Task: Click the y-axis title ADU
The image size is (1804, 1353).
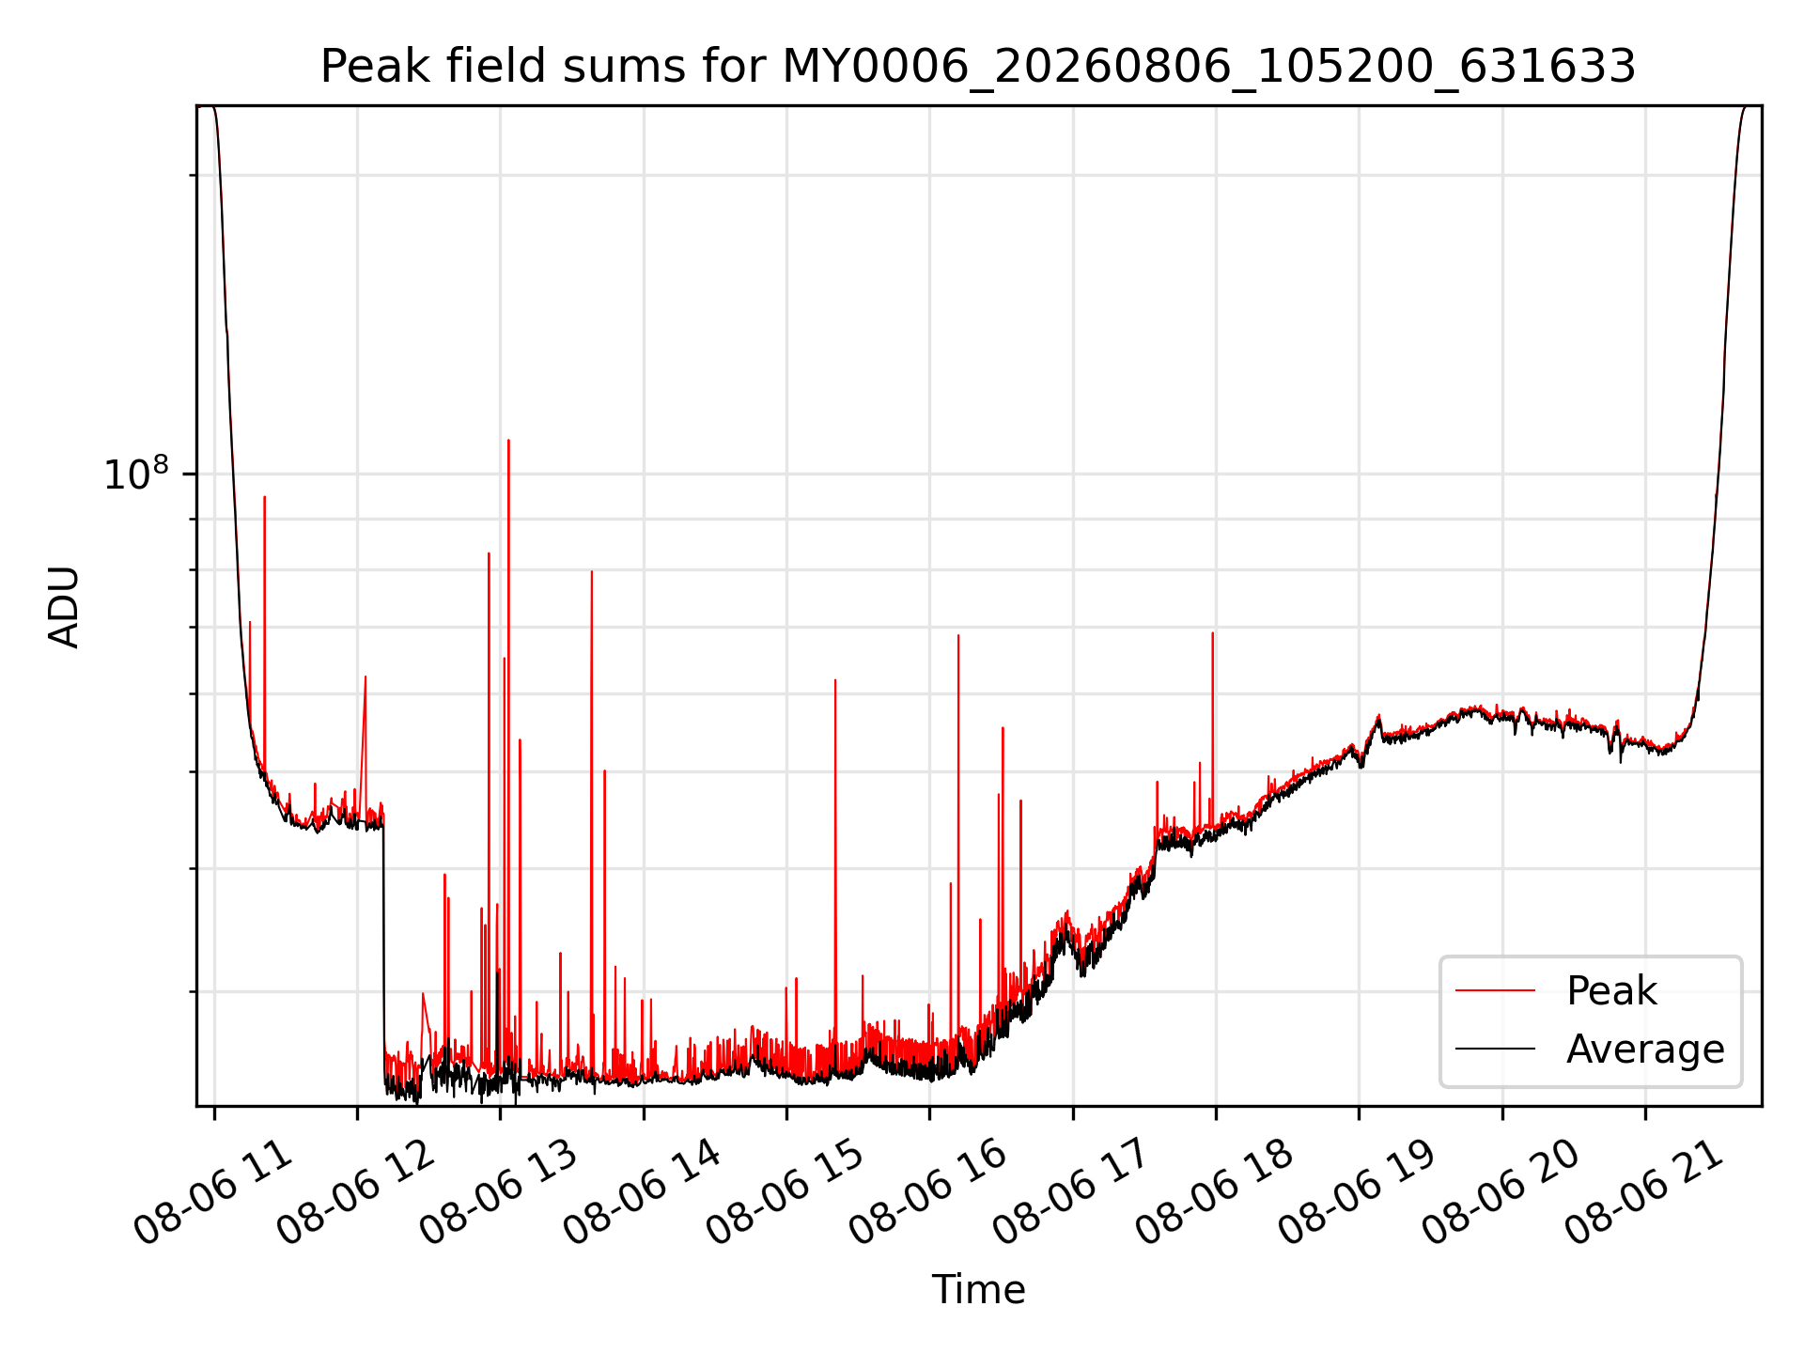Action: [x=64, y=607]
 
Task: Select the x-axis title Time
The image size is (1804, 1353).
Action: [x=978, y=1289]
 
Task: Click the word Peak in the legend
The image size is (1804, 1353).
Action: [x=1611, y=991]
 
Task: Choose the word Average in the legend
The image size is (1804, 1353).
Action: [x=1645, y=1049]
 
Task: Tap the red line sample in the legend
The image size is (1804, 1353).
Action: [x=1495, y=991]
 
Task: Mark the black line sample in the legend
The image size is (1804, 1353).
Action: [x=1495, y=1049]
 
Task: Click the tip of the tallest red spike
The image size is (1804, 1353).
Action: [x=508, y=440]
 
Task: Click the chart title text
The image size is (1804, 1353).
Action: [x=978, y=67]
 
